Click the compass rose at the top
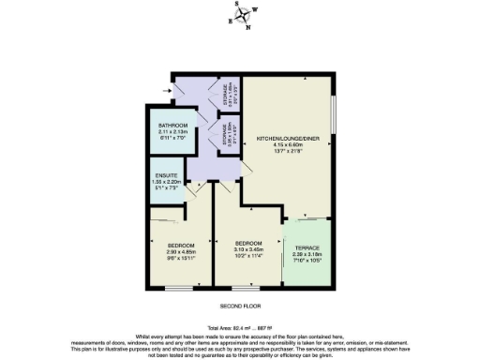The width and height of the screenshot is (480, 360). point(241,16)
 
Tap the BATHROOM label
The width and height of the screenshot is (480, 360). point(172,126)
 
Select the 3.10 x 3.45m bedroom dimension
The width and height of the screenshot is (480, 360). point(247,248)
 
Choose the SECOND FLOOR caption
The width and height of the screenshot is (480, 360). point(239,307)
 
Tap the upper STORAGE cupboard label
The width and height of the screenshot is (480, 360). point(217,94)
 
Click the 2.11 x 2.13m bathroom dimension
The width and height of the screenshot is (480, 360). point(172,132)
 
